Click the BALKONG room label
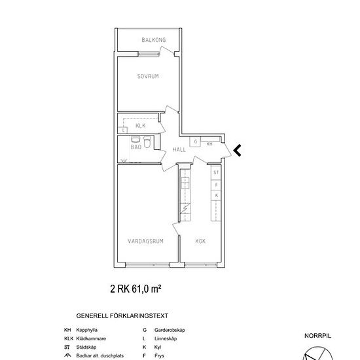pyautogui.click(x=154, y=40)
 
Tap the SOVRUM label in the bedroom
pyautogui.click(x=148, y=76)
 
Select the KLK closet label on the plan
pyautogui.click(x=141, y=126)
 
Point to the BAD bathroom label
pyautogui.click(x=136, y=147)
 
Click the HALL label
pyautogui.click(x=179, y=150)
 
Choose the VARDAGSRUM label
pyautogui.click(x=145, y=241)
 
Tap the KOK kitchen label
pyautogui.click(x=200, y=241)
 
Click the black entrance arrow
pyautogui.click(x=237, y=151)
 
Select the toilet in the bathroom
pyautogui.click(x=147, y=142)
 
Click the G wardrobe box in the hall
pyautogui.click(x=195, y=141)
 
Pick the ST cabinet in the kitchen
pyautogui.click(x=216, y=172)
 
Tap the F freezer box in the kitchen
pyautogui.click(x=216, y=185)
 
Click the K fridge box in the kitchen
pyautogui.click(x=216, y=196)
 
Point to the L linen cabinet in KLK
pyautogui.click(x=122, y=130)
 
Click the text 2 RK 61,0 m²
pyautogui.click(x=135, y=289)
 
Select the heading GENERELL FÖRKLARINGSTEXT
pyautogui.click(x=122, y=316)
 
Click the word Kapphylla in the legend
pyautogui.click(x=87, y=330)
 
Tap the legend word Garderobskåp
pyautogui.click(x=170, y=330)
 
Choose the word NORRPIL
pyautogui.click(x=317, y=336)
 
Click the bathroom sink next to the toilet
pyautogui.click(x=135, y=139)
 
